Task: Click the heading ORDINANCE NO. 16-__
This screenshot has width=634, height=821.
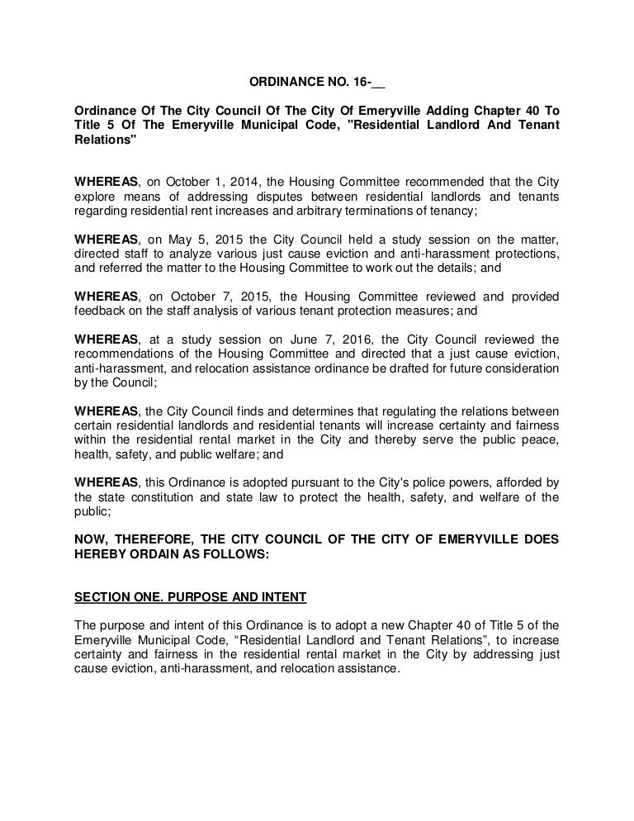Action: coord(318,83)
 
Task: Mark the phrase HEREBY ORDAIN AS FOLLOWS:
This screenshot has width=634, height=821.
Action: coord(172,555)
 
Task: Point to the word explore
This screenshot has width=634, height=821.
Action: coord(93,197)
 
